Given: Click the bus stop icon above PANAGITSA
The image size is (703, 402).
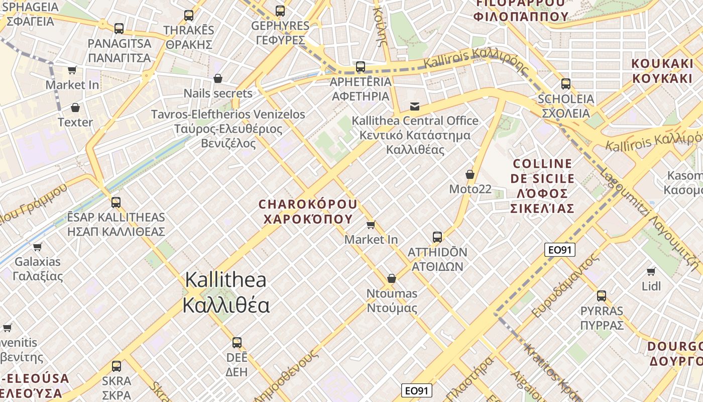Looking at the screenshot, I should pyautogui.click(x=119, y=29).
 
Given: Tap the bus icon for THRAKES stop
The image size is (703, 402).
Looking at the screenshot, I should pyautogui.click(x=189, y=16).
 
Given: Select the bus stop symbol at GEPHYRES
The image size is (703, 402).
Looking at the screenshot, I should pyautogui.click(x=280, y=11).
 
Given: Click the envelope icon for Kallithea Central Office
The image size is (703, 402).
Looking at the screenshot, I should pyautogui.click(x=415, y=107).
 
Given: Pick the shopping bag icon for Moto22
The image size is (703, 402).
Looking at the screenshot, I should pyautogui.click(x=470, y=174).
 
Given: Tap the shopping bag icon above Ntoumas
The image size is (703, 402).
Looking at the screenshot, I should pyautogui.click(x=392, y=278).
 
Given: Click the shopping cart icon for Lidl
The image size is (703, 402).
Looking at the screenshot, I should pyautogui.click(x=651, y=272).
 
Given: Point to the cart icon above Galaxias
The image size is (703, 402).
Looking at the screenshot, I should pyautogui.click(x=38, y=247).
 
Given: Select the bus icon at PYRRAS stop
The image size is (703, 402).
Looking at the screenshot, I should pyautogui.click(x=602, y=296).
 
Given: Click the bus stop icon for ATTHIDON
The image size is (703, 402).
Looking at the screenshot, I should pyautogui.click(x=437, y=237).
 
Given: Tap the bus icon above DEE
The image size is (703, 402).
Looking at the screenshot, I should pyautogui.click(x=237, y=343).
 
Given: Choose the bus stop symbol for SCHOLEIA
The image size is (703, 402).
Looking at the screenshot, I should pyautogui.click(x=566, y=84).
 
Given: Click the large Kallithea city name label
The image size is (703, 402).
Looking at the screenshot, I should pyautogui.click(x=226, y=292).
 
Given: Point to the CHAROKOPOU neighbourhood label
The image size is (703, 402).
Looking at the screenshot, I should pyautogui.click(x=308, y=212).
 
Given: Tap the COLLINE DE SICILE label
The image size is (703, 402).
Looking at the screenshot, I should pyautogui.click(x=542, y=186).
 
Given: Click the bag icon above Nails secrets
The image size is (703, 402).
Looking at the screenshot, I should pyautogui.click(x=218, y=78).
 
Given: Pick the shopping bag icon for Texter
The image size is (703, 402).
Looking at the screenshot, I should pyautogui.click(x=75, y=108).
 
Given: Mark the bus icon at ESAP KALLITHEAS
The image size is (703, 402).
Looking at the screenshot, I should pyautogui.click(x=116, y=203).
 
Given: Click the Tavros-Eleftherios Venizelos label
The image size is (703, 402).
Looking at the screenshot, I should pyautogui.click(x=228, y=129).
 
